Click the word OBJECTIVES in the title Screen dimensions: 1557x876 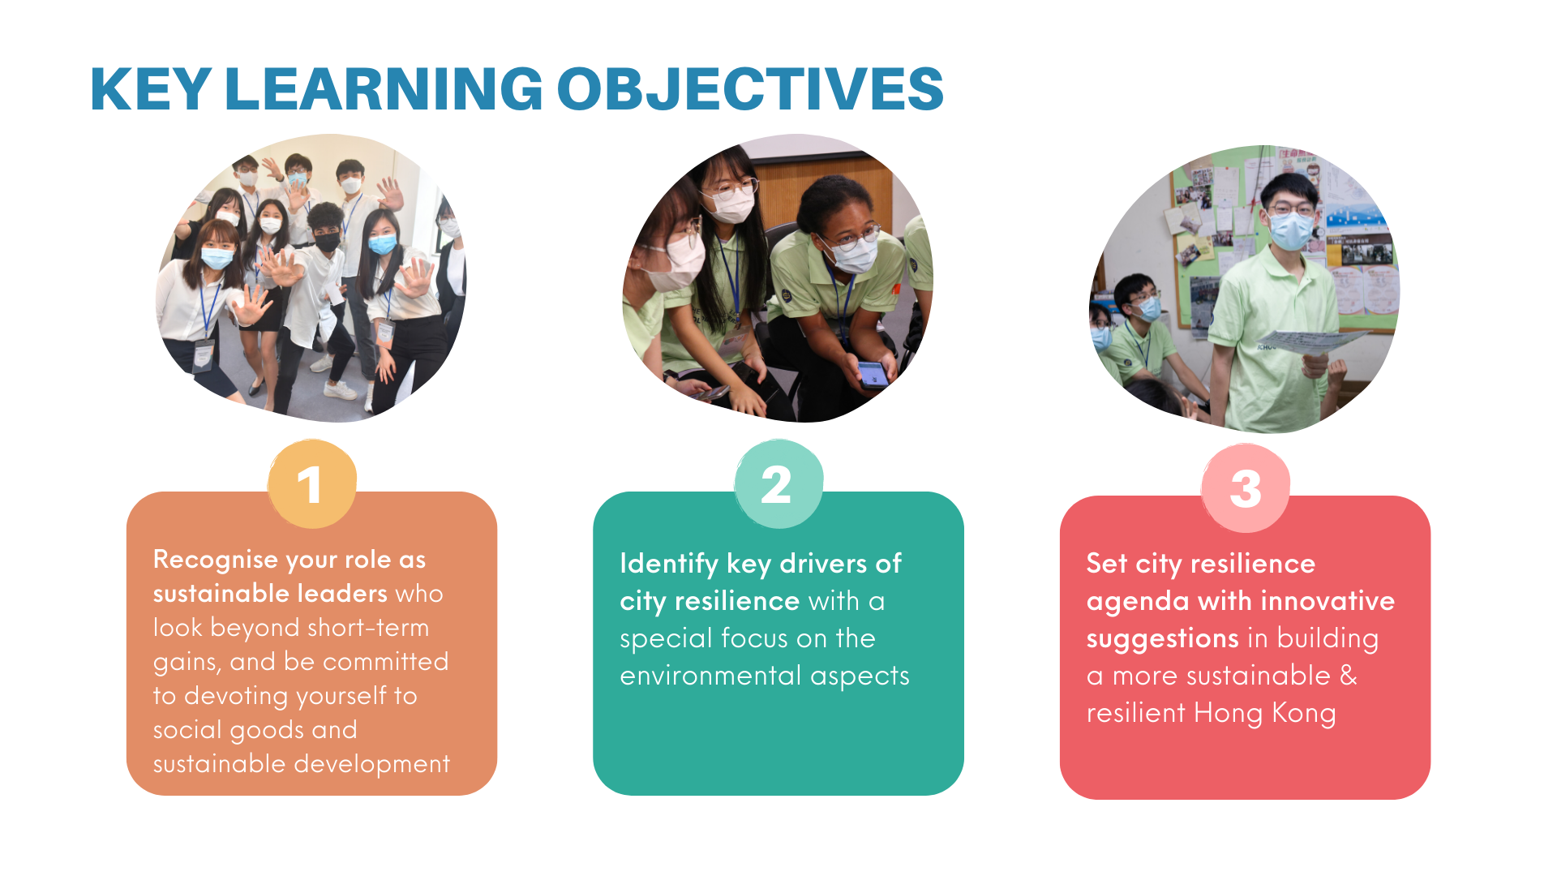tap(750, 88)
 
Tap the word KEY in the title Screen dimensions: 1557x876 tap(151, 88)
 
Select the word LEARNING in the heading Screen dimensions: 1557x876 tap(384, 88)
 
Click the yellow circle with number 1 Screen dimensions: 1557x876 tap(312, 484)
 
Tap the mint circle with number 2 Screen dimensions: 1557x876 tap(778, 484)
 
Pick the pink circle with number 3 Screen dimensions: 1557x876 tap(1246, 488)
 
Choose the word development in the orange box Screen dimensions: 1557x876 tap(372, 765)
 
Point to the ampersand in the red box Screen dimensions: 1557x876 tap(1348, 676)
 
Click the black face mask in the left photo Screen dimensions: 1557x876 tap(328, 242)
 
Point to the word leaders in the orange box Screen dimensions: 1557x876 tap(341, 595)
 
